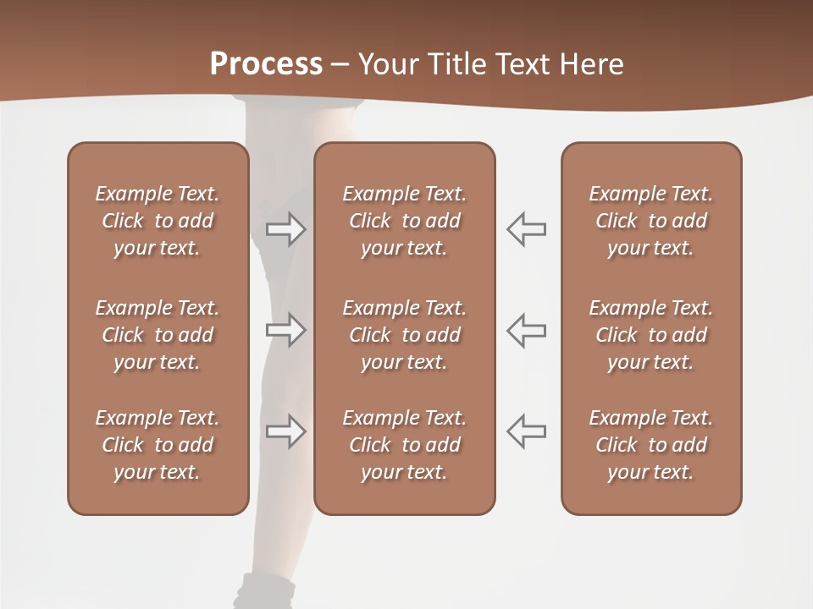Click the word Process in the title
266,63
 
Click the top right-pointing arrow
285,228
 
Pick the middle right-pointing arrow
285,330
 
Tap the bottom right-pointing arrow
285,431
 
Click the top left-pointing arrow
526,228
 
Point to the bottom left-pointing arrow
526,431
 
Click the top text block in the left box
158,221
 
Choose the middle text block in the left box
158,335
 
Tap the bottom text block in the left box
158,445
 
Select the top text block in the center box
405,221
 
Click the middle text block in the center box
405,335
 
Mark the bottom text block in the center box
405,445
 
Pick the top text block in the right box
651,221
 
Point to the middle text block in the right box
651,335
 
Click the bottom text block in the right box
651,445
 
